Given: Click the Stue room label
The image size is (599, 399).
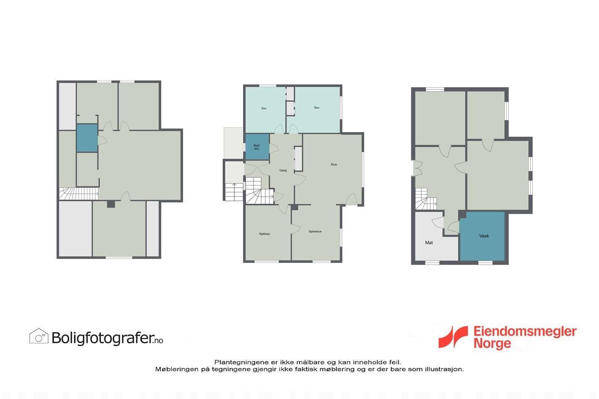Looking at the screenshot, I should coord(334,165).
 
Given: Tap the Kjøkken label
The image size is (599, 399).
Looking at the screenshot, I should coord(264,234).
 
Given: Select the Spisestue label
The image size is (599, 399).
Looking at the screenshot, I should coord(315,231).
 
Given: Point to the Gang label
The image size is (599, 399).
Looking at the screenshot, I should coord(283,171).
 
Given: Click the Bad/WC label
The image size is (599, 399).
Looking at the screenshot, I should coord(256,147).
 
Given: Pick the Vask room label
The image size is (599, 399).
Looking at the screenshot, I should coord(484,236).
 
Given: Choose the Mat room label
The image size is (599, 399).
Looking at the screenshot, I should coord(429,243).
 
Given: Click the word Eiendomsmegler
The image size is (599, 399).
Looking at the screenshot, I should coord(524,332).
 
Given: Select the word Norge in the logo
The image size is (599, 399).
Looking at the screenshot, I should coord(492,343).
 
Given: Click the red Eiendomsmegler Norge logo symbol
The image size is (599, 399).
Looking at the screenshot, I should coord(453,337).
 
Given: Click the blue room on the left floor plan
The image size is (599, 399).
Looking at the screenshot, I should coord(87,138).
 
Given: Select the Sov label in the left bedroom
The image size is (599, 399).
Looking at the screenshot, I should coord(264,108).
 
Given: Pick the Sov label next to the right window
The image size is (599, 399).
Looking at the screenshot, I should coord(317,108).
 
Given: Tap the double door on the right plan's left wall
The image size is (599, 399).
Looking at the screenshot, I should coord(416,168).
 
